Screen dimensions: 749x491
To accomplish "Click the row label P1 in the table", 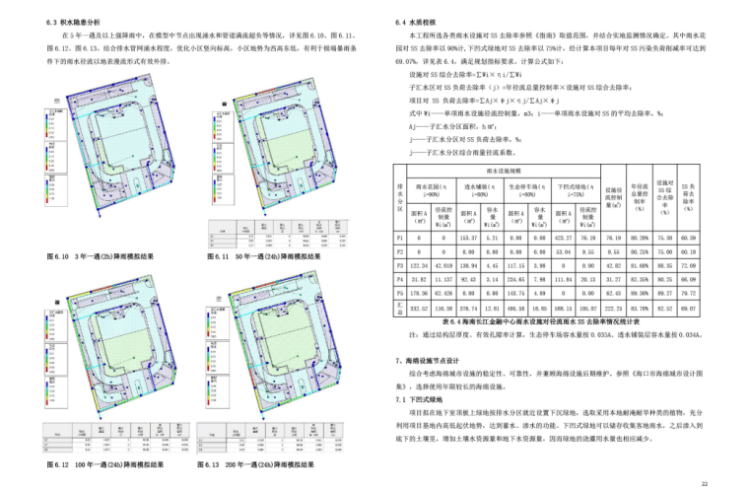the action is (x=398, y=238).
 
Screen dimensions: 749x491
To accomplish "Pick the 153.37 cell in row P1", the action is (x=467, y=238).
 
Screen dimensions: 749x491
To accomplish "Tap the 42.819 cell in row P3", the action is (x=443, y=265).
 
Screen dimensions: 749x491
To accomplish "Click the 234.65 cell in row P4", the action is (x=514, y=279).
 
